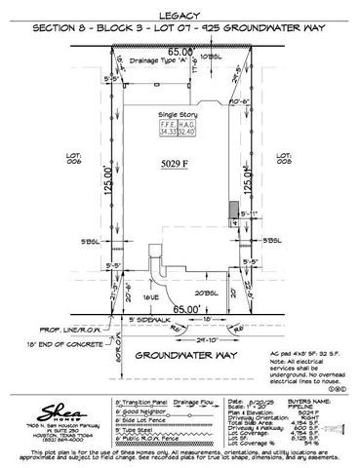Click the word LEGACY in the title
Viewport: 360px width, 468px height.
click(180, 15)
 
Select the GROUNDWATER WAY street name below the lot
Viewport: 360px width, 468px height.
click(180, 355)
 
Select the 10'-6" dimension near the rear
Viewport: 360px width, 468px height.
click(240, 98)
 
